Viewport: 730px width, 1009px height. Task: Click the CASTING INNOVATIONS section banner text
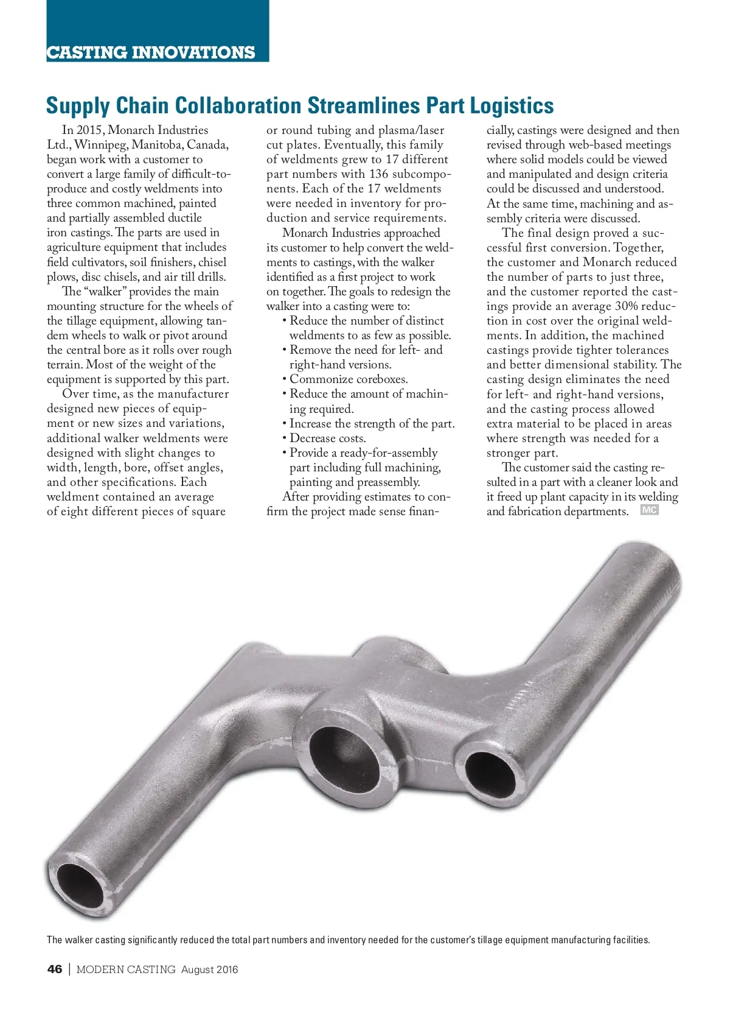[151, 52]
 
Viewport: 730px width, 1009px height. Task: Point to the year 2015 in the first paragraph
[90, 130]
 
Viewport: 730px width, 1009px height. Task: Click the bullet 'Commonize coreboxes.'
[348, 379]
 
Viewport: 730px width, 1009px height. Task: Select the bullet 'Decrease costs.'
[327, 438]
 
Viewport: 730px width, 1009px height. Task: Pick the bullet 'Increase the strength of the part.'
[372, 424]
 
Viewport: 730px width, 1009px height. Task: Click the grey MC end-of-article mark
[649, 510]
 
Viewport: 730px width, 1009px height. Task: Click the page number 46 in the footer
[55, 969]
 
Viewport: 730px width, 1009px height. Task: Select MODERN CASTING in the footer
[126, 969]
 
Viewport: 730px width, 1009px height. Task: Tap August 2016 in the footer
[209, 969]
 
